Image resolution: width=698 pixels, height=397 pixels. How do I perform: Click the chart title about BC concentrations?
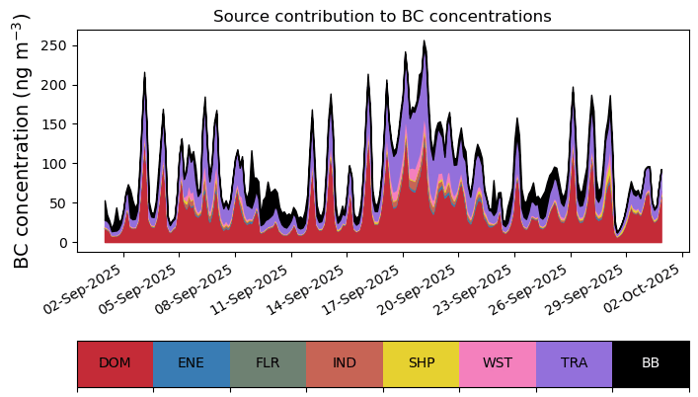click(x=382, y=16)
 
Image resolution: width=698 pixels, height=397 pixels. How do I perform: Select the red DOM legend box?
click(x=115, y=363)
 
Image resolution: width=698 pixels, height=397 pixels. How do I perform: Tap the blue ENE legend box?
click(x=192, y=363)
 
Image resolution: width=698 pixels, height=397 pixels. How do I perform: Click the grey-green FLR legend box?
click(x=268, y=363)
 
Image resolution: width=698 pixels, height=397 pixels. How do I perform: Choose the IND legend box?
click(x=345, y=363)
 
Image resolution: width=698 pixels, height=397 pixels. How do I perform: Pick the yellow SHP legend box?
click(x=421, y=363)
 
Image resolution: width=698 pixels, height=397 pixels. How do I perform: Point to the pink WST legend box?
click(x=498, y=363)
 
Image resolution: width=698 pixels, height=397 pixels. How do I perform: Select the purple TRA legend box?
click(x=574, y=363)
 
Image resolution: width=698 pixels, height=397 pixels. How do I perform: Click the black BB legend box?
click(x=651, y=363)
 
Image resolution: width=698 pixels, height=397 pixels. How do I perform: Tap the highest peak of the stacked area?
click(x=425, y=42)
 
